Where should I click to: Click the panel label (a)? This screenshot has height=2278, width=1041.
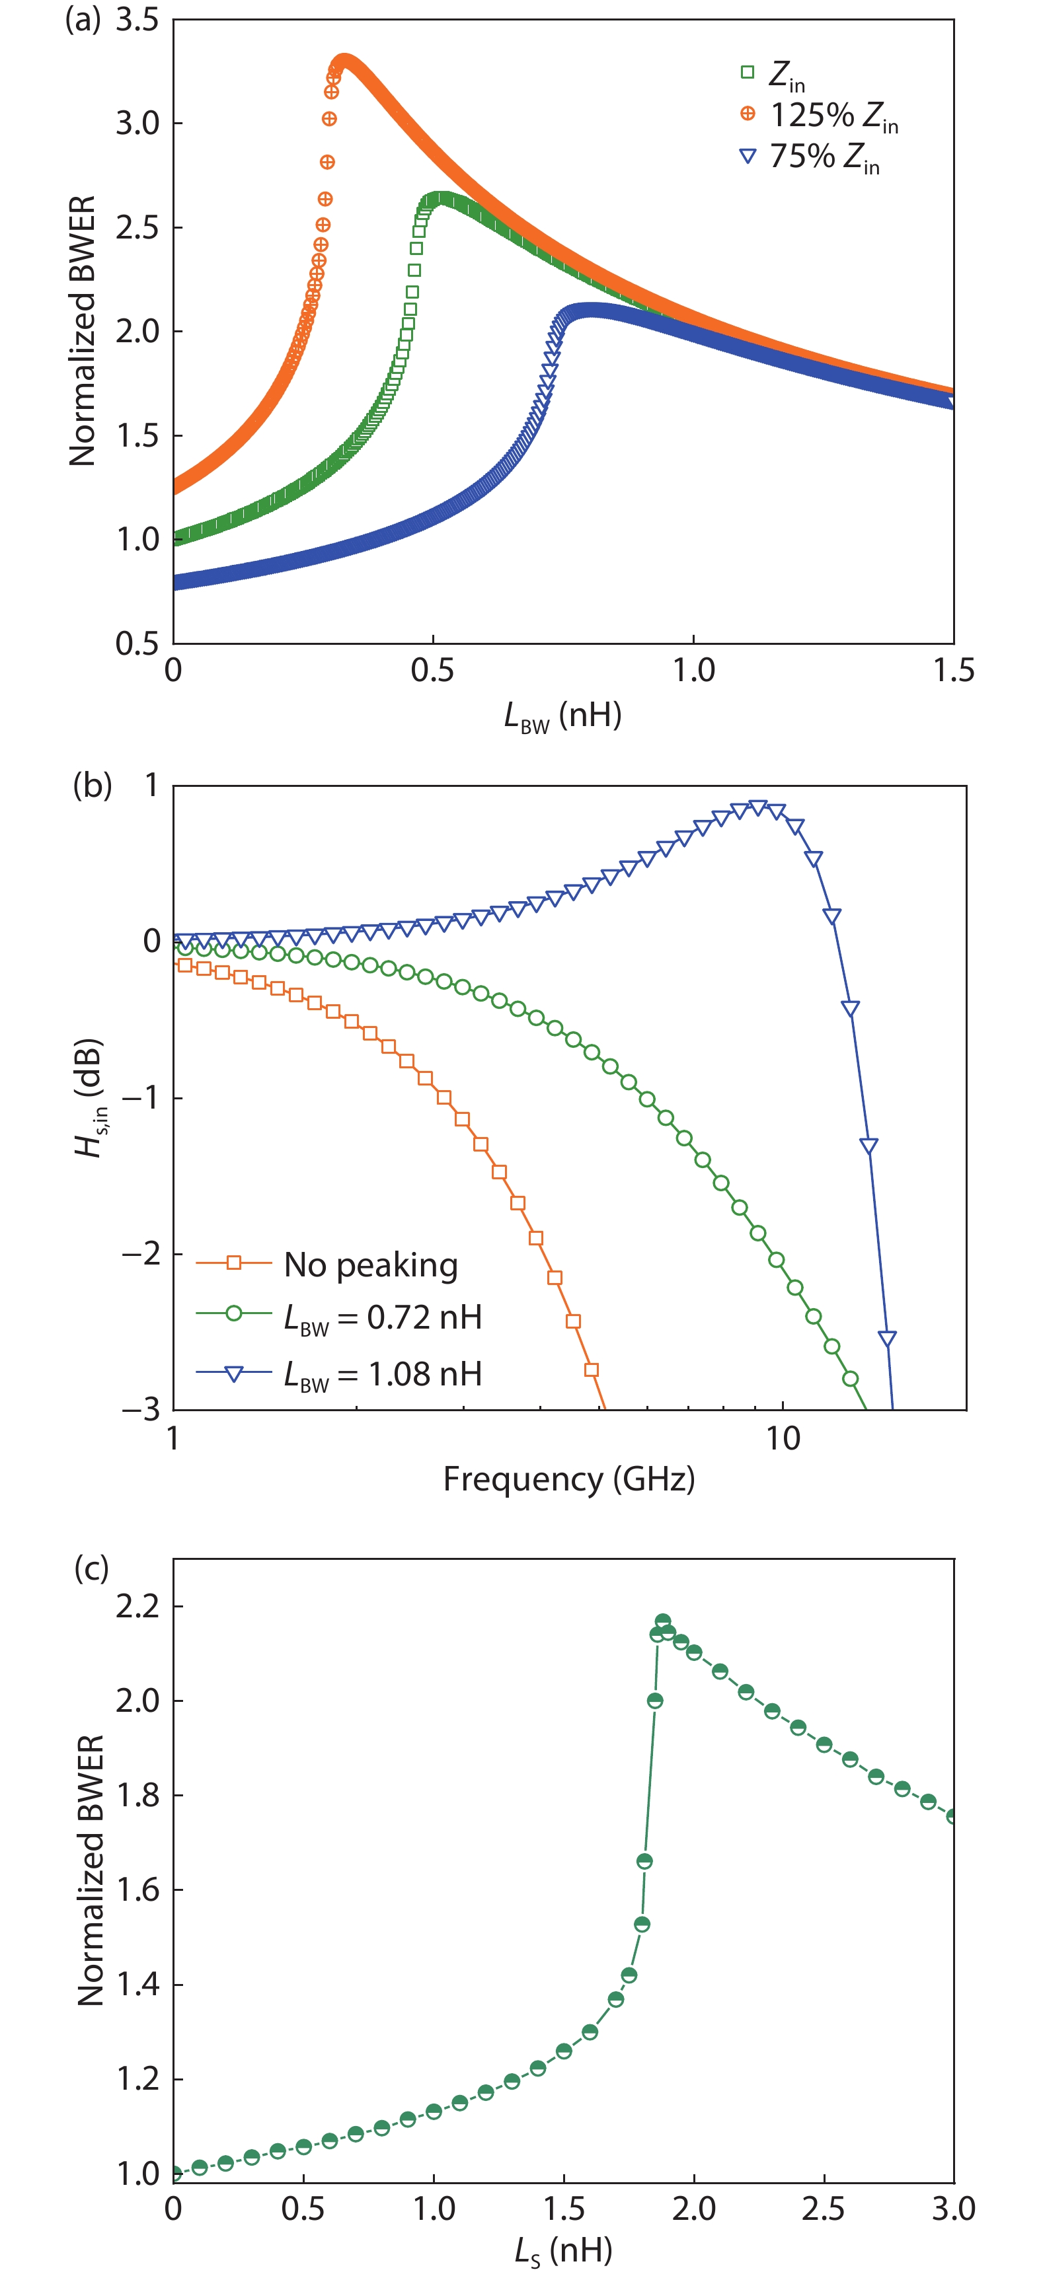(x=83, y=19)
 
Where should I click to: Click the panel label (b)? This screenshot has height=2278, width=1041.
(x=91, y=784)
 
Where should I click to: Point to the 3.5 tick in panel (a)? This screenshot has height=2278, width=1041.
(x=137, y=19)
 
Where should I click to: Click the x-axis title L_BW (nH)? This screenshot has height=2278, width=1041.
(x=562, y=716)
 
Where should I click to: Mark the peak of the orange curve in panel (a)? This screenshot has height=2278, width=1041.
(x=343, y=60)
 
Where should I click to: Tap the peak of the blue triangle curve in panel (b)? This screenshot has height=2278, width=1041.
(x=757, y=807)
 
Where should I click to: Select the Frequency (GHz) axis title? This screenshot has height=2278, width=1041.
(x=568, y=1479)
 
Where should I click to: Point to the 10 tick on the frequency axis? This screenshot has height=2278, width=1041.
(x=783, y=1439)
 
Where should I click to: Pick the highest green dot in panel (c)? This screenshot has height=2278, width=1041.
(x=662, y=1621)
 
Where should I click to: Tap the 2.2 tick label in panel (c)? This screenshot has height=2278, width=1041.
(x=137, y=1606)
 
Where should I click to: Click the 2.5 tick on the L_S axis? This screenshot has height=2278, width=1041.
(x=824, y=2209)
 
